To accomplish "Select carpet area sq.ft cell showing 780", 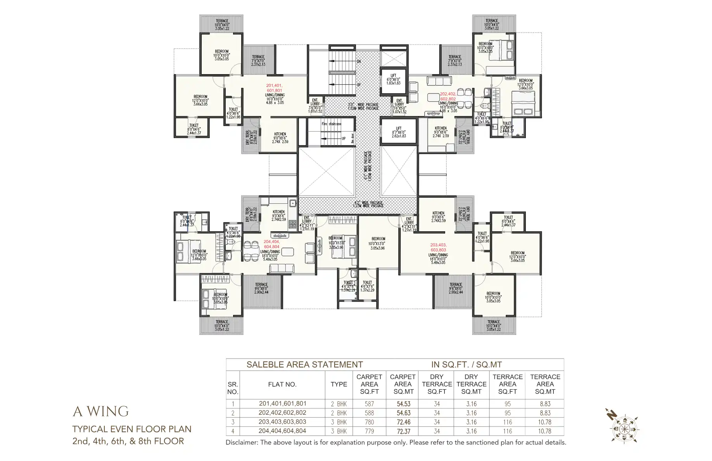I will click(x=369, y=422).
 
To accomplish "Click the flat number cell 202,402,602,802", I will click(x=282, y=413).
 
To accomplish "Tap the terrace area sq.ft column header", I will click(x=507, y=384).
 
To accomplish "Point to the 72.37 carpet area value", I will click(x=403, y=431).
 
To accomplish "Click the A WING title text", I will click(x=100, y=411).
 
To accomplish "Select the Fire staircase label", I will click(x=332, y=124).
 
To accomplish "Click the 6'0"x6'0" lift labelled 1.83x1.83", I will click(x=393, y=80).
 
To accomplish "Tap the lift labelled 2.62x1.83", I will click(x=399, y=132).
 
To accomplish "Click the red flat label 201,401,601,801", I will click(x=274, y=88).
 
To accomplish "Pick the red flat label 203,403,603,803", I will click(x=438, y=248).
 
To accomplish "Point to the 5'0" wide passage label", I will click(x=363, y=106).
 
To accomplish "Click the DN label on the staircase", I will click(x=359, y=61).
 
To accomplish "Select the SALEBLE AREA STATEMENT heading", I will click(x=304, y=365).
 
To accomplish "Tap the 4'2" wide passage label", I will click(x=368, y=204).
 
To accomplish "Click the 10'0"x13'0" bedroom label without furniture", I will click(x=378, y=243).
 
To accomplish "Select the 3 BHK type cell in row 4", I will click(x=339, y=431).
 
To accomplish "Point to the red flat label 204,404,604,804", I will click(x=271, y=244).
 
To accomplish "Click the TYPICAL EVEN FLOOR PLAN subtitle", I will click(x=132, y=429).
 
